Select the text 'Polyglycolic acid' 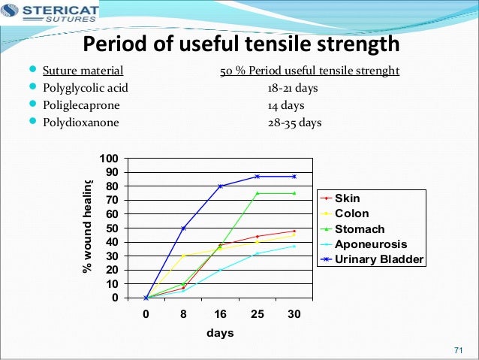pos(85,88)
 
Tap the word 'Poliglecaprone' pos(79,104)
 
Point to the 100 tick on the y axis pos(110,159)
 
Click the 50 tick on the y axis pos(112,228)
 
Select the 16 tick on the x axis pos(220,315)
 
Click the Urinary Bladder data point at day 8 pos(183,228)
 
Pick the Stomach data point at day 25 pos(258,193)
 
